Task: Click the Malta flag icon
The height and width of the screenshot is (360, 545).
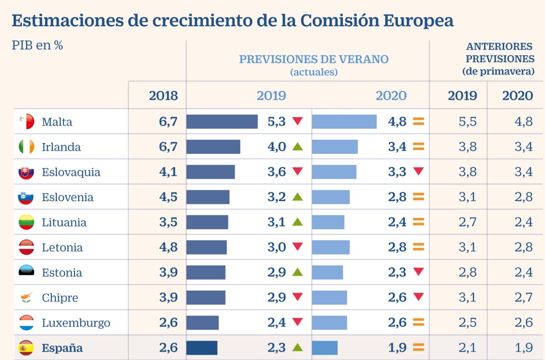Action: [26, 122]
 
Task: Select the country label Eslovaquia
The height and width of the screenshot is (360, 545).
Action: [71, 173]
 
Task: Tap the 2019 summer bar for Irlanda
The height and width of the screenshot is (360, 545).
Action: [213, 147]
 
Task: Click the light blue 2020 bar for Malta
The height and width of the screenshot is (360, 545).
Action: [344, 122]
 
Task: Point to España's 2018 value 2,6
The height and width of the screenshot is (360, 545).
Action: [168, 348]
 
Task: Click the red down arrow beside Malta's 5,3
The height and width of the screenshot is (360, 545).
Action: [297, 121]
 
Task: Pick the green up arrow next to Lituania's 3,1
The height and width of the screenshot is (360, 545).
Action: [297, 222]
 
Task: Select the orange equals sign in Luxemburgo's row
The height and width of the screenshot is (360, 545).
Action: [418, 322]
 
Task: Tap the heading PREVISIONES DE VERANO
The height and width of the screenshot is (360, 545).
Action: [314, 59]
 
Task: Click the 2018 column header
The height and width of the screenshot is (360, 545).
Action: [163, 96]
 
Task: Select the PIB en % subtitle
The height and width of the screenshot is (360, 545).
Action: [37, 46]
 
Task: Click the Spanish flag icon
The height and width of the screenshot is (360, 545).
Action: [26, 348]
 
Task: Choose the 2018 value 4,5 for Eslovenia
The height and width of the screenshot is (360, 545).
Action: [168, 197]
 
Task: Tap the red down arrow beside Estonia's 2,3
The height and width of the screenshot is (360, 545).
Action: [418, 272]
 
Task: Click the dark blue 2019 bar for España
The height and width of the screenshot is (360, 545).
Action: [202, 348]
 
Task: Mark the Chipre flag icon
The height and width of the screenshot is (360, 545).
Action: [26, 298]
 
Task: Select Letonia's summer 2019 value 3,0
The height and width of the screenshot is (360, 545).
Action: [277, 247]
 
